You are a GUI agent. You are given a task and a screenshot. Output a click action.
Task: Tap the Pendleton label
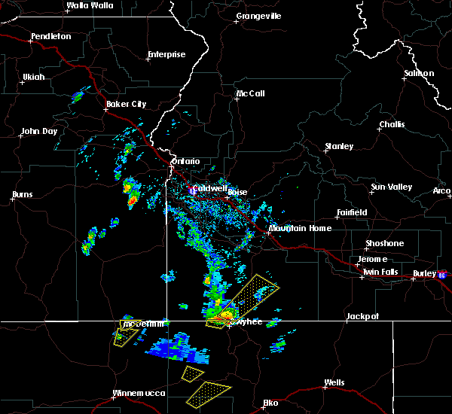tap(51, 36)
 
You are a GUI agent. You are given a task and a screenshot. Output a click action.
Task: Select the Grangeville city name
tap(258, 15)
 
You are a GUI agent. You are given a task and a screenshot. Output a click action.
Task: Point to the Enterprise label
tap(166, 54)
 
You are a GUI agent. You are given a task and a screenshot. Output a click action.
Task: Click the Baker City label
tap(127, 104)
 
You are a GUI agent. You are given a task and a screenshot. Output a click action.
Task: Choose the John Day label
tap(40, 131)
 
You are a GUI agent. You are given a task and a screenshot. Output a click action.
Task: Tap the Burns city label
tap(23, 195)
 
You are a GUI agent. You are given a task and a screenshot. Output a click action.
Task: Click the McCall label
tap(250, 94)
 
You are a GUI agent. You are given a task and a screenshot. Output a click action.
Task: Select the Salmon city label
tap(419, 73)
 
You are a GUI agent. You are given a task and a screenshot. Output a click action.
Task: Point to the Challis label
tap(392, 124)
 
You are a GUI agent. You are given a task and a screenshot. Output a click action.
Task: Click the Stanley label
tap(339, 145)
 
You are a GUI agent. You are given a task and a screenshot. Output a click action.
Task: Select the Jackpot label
tap(363, 317)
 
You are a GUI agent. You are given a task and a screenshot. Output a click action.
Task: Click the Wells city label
tap(334, 382)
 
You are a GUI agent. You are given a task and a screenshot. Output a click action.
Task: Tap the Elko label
tap(270, 403)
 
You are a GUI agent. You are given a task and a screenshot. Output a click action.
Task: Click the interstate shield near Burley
tap(442, 275)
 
